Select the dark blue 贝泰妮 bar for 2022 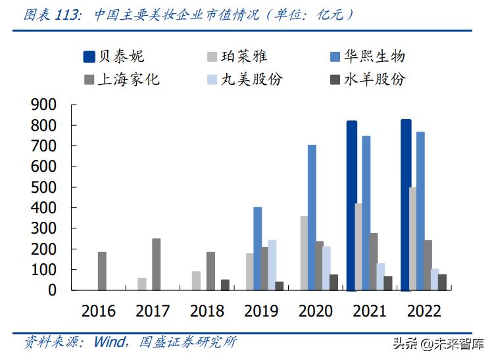tap(406, 205)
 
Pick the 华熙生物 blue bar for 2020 tap(312, 217)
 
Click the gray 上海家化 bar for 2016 tap(103, 270)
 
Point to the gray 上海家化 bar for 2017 tap(157, 264)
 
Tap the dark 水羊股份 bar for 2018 tap(225, 284)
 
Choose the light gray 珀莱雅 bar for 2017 tap(142, 284)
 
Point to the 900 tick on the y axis tap(45, 105)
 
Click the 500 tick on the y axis tap(45, 188)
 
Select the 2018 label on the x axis tap(207, 311)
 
